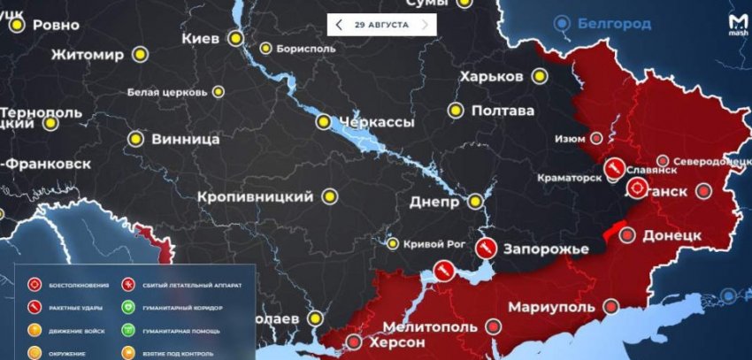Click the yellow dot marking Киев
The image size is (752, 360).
[x=234, y=38]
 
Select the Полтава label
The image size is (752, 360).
[x=503, y=111]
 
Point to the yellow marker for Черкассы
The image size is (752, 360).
[x=325, y=121]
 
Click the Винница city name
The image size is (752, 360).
[x=186, y=139]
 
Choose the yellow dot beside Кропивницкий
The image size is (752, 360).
[x=330, y=195]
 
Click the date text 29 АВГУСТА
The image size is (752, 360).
[x=381, y=25]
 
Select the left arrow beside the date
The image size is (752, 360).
[x=339, y=25]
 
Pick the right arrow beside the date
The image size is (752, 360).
[x=425, y=25]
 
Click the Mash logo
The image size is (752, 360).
[x=736, y=24]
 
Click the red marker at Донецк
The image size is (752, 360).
[x=626, y=235]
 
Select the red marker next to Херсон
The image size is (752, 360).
[x=354, y=341]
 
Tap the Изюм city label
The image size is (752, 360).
[x=570, y=139]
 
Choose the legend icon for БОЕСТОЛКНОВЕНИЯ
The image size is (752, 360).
[x=35, y=286]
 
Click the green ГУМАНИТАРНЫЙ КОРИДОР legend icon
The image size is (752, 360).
[x=128, y=308]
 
